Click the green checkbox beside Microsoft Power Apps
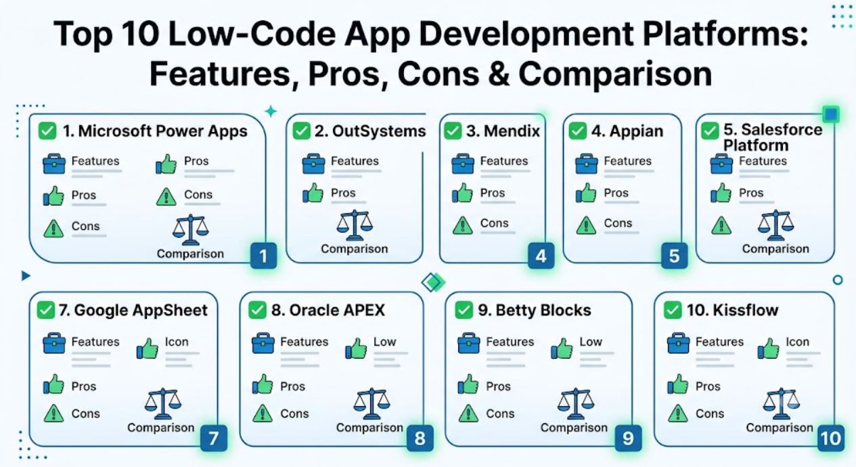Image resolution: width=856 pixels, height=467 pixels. pos(47,131)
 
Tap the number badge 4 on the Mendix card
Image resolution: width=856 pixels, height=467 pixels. pos(541,256)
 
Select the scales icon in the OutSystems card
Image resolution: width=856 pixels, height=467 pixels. pos(355,225)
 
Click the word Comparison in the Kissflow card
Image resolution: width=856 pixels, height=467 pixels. pos(779,427)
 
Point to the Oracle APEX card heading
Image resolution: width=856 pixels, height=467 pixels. pos(328,310)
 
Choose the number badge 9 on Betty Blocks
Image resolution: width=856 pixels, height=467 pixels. pos(628,438)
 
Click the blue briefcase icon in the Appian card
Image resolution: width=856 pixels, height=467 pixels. pos(586,164)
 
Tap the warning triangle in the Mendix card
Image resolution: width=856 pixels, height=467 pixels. pos(462,225)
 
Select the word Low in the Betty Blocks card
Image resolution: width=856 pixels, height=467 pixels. pos(591,341)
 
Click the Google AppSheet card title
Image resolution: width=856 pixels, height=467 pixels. pos(133,310)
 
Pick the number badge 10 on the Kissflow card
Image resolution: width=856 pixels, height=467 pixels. pos(831,438)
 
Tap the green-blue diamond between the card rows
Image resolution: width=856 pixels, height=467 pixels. pos(433,282)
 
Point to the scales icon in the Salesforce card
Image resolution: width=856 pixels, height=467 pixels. pos(775,225)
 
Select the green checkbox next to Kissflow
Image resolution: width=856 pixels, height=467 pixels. pos(673,310)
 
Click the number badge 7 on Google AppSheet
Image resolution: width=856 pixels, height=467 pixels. pos(214,438)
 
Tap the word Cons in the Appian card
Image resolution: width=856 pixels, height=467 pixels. pos(618,223)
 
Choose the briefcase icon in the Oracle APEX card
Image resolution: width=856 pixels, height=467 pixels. pos(263,343)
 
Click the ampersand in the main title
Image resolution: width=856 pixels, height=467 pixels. pos(498,74)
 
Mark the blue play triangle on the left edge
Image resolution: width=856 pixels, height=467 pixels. pos(25,275)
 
